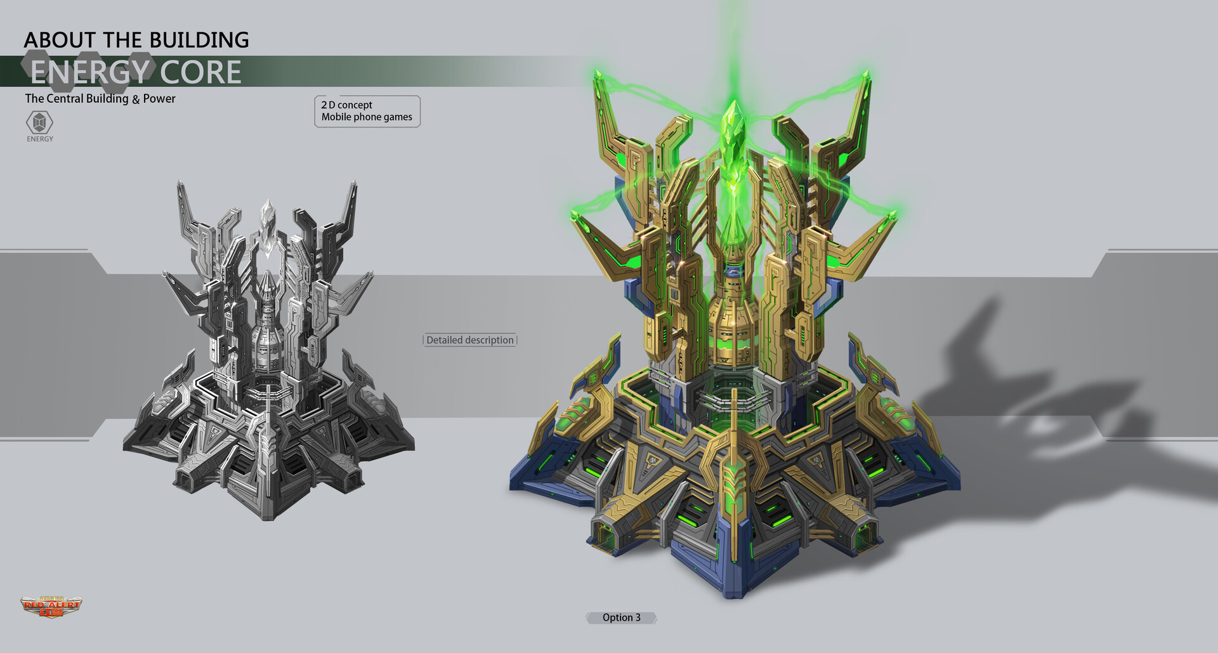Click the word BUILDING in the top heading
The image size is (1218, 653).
202,40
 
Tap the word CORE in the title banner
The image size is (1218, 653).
200,72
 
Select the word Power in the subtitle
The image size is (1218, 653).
159,98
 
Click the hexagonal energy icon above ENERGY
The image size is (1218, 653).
39,122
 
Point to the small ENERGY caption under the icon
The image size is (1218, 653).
40,139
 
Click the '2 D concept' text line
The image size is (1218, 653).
346,105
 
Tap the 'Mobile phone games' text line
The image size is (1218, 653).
367,117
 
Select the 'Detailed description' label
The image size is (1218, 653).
470,340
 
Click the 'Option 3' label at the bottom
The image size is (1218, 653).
621,617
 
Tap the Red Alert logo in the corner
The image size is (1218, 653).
51,606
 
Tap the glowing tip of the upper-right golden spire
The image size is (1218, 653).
867,77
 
